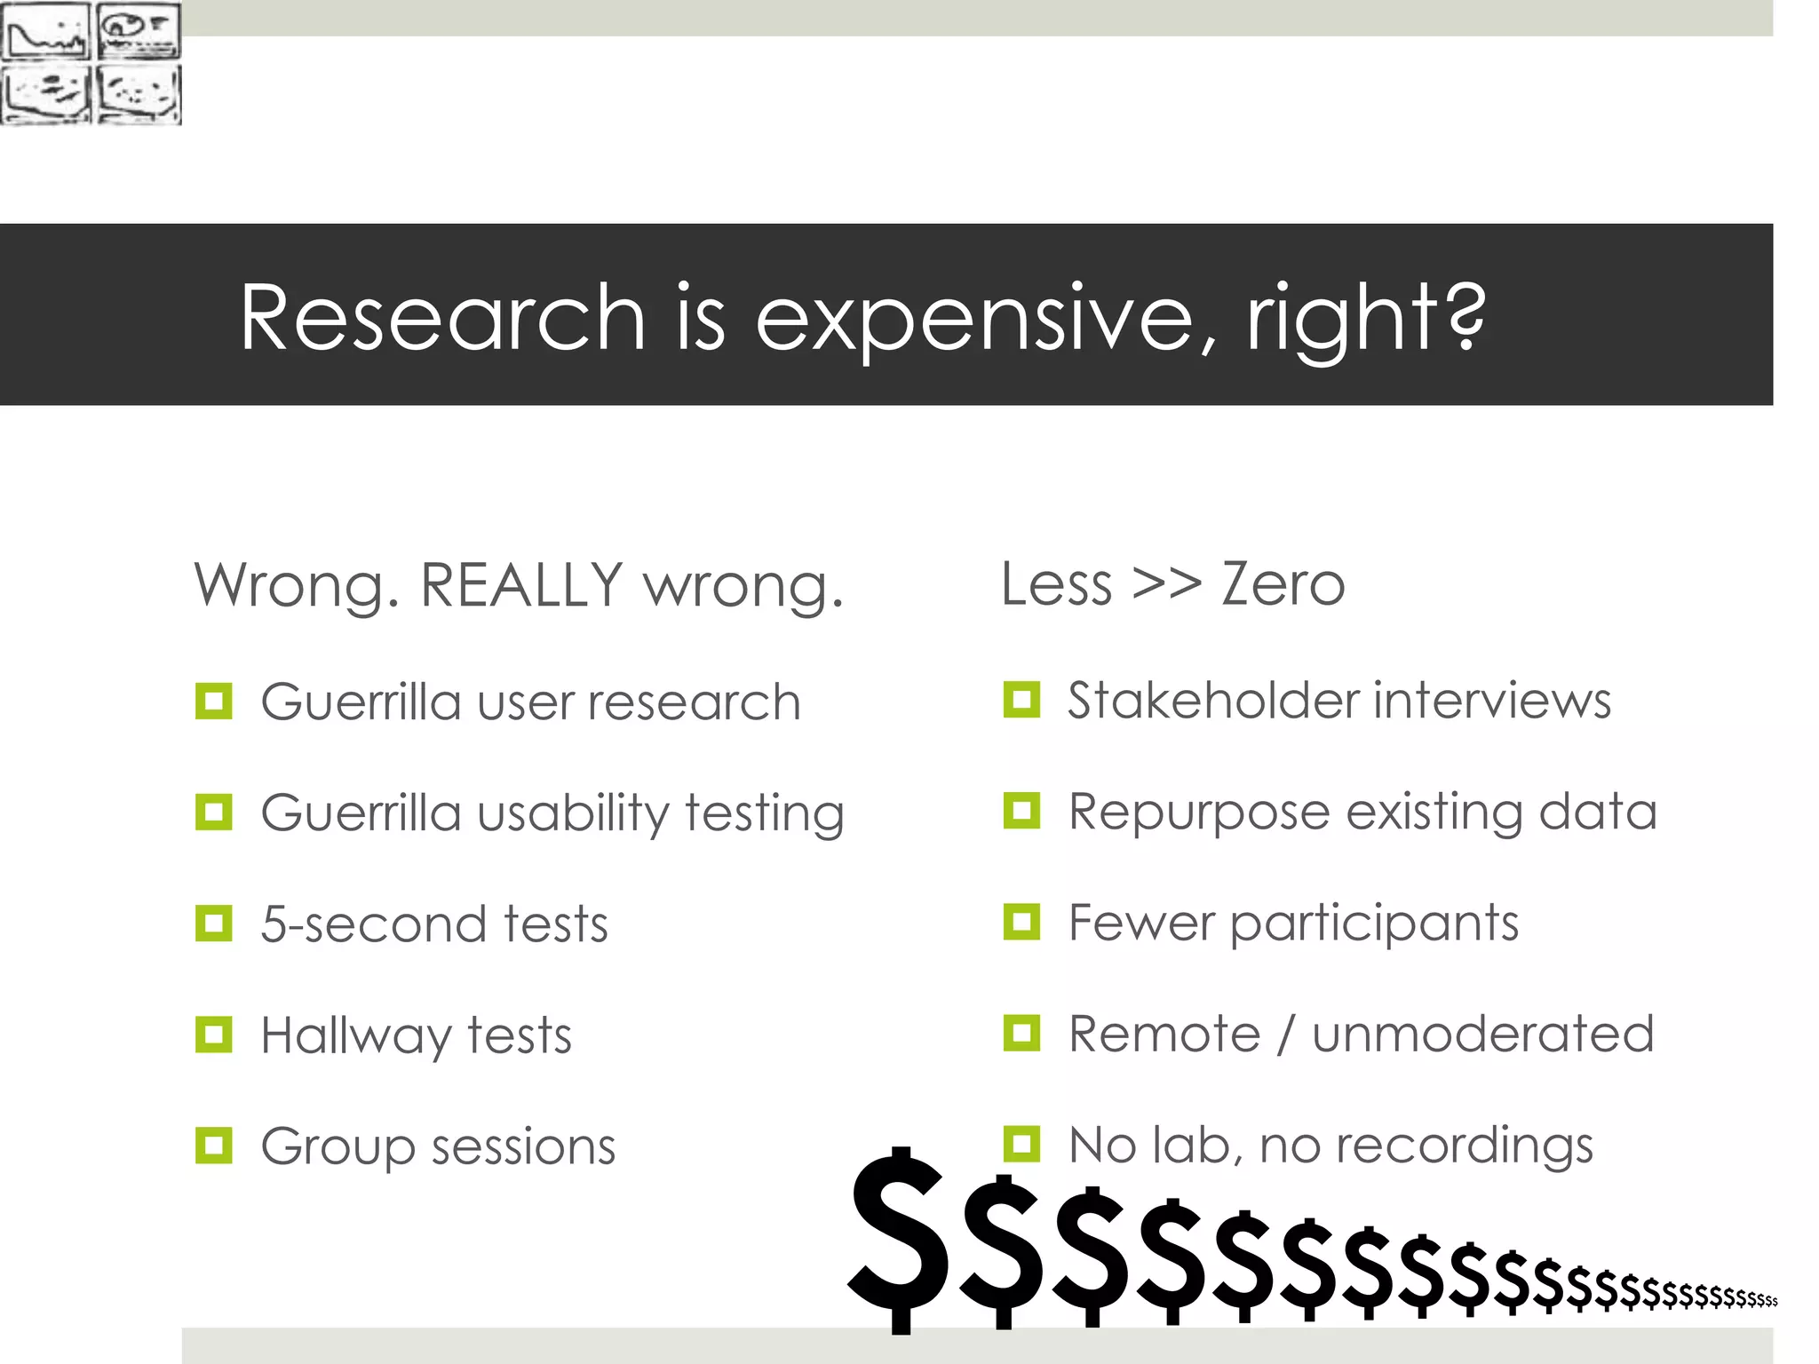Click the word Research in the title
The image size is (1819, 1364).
[x=442, y=318]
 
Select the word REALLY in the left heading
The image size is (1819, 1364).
[x=522, y=585]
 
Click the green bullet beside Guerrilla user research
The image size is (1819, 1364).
[x=213, y=702]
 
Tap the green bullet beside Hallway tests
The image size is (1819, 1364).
[x=213, y=1035]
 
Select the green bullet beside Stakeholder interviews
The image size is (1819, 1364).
[x=1021, y=700]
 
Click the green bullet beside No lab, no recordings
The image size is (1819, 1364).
[x=1021, y=1144]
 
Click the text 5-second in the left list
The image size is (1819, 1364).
[x=373, y=924]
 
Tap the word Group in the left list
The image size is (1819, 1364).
[x=338, y=1147]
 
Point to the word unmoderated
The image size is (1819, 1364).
[x=1483, y=1035]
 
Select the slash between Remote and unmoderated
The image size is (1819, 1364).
[x=1285, y=1035]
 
